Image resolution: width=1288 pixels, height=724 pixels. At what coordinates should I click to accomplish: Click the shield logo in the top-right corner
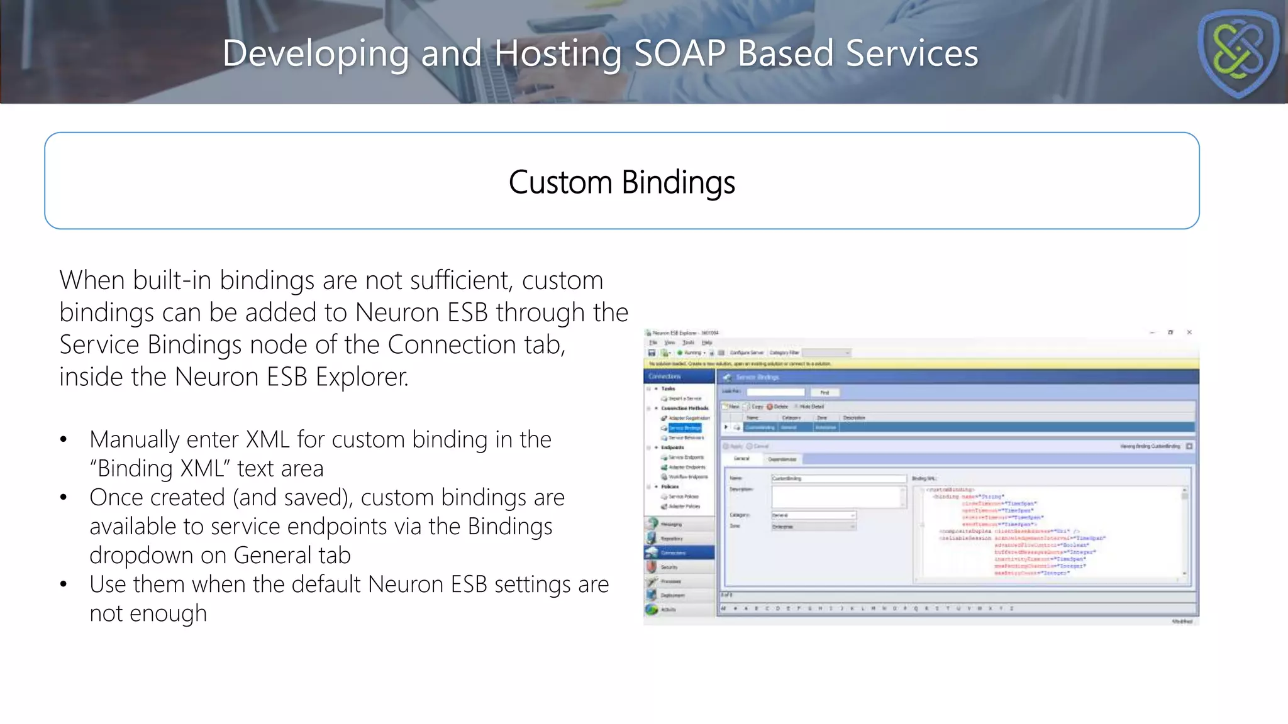tap(1238, 53)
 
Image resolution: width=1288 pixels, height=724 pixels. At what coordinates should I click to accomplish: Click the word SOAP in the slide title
tap(680, 53)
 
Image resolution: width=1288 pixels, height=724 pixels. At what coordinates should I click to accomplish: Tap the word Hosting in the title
tap(557, 53)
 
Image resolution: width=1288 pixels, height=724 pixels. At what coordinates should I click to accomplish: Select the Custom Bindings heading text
tap(621, 182)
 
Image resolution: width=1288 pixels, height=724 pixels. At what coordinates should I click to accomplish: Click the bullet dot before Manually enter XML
tap(64, 440)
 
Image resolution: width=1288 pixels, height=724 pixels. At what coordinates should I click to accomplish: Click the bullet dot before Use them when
tap(64, 585)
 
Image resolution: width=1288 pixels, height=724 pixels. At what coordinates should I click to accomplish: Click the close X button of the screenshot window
tap(1189, 332)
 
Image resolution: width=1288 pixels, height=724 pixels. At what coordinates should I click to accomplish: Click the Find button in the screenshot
tap(824, 392)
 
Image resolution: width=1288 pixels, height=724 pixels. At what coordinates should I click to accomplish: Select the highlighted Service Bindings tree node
tap(684, 428)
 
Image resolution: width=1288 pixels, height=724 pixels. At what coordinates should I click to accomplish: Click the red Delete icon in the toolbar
tap(770, 407)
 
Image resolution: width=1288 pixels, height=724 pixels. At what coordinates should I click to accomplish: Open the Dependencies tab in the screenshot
tap(782, 459)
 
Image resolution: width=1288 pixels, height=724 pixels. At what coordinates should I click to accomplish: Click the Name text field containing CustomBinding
tap(838, 478)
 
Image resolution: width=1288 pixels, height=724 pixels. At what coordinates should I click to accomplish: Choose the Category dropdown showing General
tap(813, 515)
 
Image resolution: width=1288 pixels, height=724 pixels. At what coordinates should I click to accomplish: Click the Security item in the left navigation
tap(669, 567)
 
